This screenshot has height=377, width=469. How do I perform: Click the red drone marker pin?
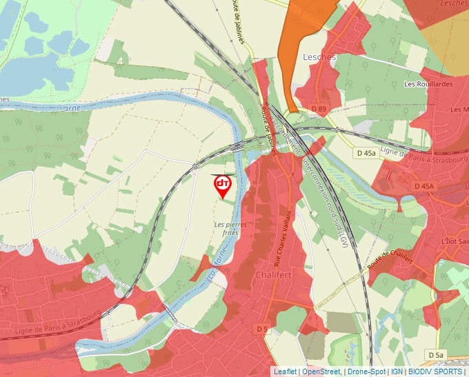[x=223, y=185]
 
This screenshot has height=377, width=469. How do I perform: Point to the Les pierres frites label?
[x=231, y=229]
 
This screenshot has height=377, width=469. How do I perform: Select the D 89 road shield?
[x=318, y=109]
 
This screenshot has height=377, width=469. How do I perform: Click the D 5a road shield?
[x=435, y=354]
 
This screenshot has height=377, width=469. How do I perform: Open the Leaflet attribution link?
[x=285, y=371]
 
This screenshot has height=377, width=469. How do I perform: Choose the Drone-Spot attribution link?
[x=366, y=371]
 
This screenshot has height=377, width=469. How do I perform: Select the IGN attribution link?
[x=397, y=371]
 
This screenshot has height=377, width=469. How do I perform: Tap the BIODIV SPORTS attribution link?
[x=435, y=371]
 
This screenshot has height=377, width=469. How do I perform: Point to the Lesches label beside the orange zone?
[x=319, y=57]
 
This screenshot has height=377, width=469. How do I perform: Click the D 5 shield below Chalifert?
[x=262, y=329]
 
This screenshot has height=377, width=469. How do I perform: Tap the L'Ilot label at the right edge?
[x=454, y=241]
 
